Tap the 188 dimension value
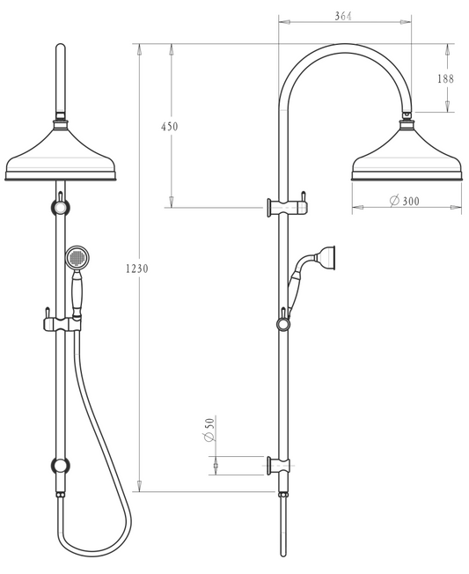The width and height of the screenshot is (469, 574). pyautogui.click(x=447, y=78)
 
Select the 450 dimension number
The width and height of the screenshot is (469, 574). pyautogui.click(x=169, y=127)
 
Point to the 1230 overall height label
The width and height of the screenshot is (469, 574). pyautogui.click(x=137, y=269)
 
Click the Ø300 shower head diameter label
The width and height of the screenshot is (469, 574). pyautogui.click(x=405, y=201)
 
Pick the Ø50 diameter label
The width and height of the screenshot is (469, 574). pyautogui.click(x=210, y=431)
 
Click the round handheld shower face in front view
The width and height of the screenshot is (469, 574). pyautogui.click(x=77, y=258)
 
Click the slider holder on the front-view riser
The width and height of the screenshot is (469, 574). pyautogui.click(x=58, y=324)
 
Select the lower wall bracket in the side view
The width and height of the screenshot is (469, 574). pyautogui.click(x=279, y=465)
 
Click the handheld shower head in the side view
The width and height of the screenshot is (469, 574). pyautogui.click(x=328, y=257)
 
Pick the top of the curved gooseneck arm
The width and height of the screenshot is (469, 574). pyautogui.click(x=344, y=46)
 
